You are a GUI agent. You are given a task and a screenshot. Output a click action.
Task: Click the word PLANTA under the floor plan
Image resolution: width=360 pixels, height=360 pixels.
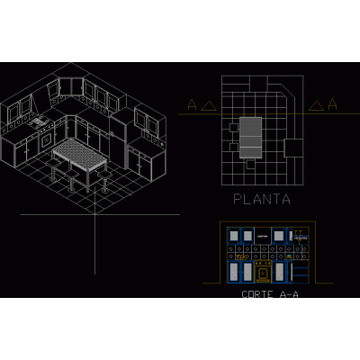[x=262, y=199]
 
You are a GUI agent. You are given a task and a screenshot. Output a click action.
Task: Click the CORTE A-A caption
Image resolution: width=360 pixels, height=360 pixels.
[x=270, y=294]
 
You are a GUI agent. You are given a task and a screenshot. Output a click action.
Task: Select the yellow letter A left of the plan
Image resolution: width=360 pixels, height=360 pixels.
[x=192, y=104]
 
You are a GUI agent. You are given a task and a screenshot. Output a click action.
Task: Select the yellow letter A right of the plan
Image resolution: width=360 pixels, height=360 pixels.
[x=332, y=104]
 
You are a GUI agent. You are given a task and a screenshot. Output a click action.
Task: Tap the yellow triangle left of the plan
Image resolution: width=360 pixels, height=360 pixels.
[x=209, y=106]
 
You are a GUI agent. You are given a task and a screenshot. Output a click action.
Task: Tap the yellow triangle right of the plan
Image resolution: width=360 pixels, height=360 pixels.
[x=316, y=106]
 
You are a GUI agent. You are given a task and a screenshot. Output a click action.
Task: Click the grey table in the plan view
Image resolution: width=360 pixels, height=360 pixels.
[x=250, y=138]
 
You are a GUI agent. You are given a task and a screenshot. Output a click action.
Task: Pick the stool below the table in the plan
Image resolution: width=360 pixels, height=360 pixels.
[x=250, y=164]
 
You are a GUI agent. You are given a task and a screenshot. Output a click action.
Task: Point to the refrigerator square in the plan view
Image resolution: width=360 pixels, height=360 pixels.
[x=293, y=148]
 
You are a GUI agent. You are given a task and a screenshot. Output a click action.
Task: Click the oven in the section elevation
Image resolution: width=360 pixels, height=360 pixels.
[x=263, y=272]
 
